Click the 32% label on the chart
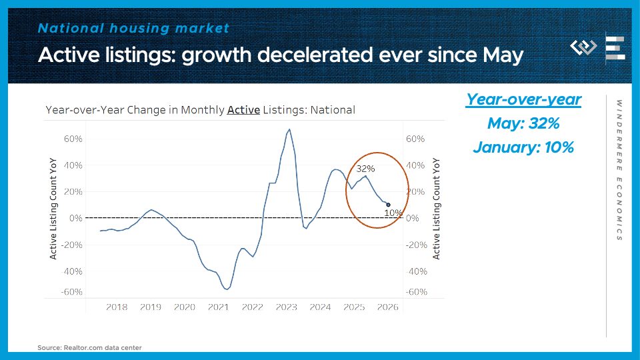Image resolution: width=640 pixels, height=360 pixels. (x=365, y=169)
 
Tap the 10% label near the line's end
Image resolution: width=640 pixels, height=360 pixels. (x=393, y=213)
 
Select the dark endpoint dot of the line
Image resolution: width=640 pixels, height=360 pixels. (x=388, y=205)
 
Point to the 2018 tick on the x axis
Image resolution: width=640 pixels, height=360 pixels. (x=117, y=307)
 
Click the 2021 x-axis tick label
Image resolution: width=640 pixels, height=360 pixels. (x=219, y=307)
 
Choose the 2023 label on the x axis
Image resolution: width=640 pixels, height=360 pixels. (x=286, y=307)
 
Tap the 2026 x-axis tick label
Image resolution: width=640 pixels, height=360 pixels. (x=387, y=307)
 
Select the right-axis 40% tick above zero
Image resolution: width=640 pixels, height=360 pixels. (x=415, y=165)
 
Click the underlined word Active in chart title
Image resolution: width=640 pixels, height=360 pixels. (x=243, y=110)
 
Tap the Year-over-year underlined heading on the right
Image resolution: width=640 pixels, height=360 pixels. (x=523, y=100)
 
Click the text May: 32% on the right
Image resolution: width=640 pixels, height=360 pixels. (x=523, y=124)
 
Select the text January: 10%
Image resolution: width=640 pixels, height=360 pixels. (x=523, y=148)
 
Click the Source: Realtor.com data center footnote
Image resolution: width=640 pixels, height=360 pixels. (x=89, y=347)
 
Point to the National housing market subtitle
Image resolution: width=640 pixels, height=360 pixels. (x=133, y=28)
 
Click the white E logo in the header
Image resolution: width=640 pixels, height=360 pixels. (x=615, y=49)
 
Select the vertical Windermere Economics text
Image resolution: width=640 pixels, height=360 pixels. (x=619, y=170)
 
